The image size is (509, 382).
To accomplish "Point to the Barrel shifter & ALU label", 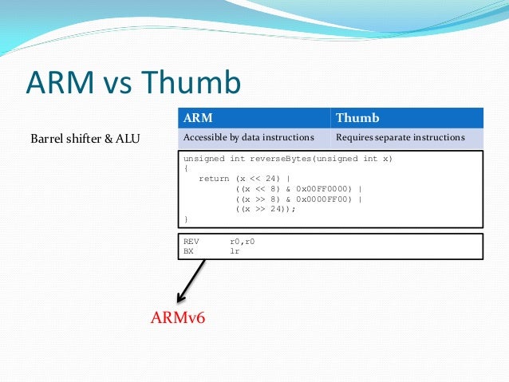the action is (x=85, y=139).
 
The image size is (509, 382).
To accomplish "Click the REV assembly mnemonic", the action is (x=191, y=241).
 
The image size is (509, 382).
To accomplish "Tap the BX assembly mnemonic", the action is (x=188, y=250).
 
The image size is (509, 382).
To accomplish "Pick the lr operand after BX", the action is (x=235, y=250).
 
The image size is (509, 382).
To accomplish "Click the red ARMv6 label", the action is (x=178, y=318).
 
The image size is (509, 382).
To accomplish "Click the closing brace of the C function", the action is (x=186, y=218).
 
